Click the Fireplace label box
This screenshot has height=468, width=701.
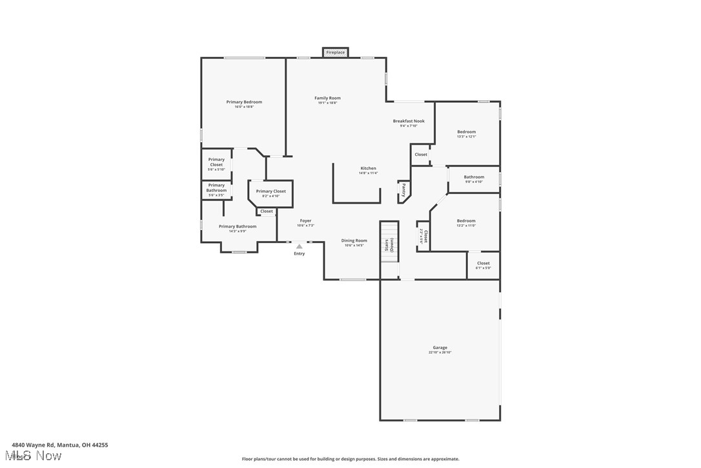tap(335, 52)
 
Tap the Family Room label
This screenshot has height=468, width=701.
tap(327, 98)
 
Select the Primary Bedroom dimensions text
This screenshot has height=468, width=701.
tap(244, 107)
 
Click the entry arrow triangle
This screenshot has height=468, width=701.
tap(299, 246)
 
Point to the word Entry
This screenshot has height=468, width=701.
tap(300, 253)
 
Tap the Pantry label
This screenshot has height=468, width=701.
tap(404, 190)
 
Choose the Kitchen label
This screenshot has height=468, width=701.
tap(368, 169)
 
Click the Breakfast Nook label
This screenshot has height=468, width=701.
tap(409, 121)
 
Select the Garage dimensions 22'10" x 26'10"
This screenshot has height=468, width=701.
tap(440, 352)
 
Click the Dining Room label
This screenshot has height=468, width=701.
tap(354, 240)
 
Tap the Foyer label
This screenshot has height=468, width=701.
tap(305, 221)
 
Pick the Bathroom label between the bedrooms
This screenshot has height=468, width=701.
tap(474, 177)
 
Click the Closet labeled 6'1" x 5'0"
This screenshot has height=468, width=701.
tap(483, 265)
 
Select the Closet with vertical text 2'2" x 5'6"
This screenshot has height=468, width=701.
tap(423, 236)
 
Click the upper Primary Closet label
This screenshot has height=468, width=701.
tap(216, 162)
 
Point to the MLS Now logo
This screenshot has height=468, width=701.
tap(36, 456)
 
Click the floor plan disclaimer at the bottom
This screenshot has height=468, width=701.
tap(350, 459)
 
